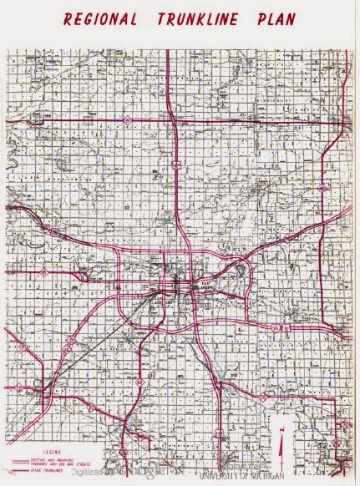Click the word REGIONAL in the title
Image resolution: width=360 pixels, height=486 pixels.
pos(104,19)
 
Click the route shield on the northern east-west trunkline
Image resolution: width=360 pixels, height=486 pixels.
pos(125,121)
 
